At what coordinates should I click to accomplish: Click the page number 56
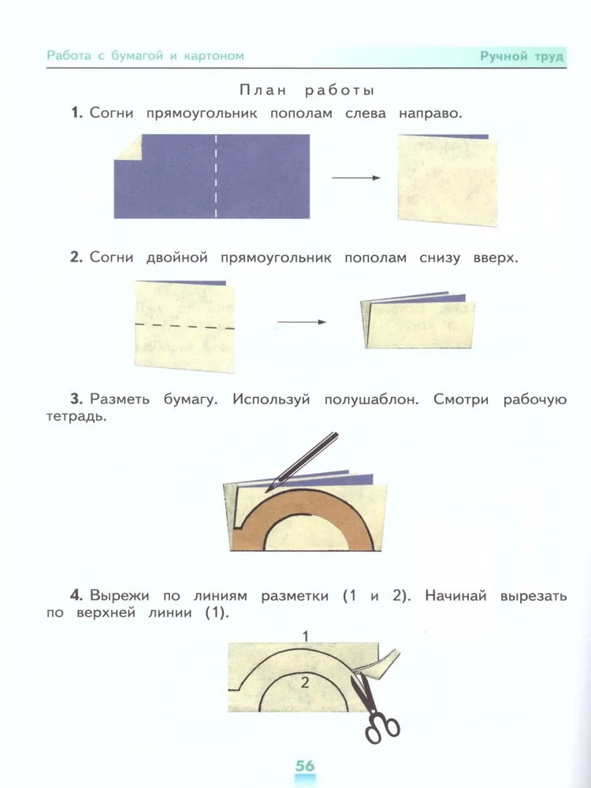[x=304, y=765]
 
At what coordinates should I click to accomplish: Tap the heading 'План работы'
[x=307, y=91]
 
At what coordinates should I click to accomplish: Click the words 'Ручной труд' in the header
[x=522, y=56]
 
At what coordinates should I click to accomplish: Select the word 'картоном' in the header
[x=214, y=56]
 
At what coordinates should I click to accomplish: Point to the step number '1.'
[x=77, y=113]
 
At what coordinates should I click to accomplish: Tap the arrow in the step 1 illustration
[x=356, y=177]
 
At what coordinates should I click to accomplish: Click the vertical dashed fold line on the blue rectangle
[x=216, y=176]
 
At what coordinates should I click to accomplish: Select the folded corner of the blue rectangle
[x=128, y=147]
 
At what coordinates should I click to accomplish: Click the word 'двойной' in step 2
[x=177, y=258]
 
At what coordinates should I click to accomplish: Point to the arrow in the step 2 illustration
[x=302, y=322]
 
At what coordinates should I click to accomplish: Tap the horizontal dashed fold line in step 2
[x=185, y=326]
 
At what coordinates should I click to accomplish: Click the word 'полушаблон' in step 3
[x=371, y=400]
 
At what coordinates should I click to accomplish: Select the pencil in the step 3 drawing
[x=302, y=461]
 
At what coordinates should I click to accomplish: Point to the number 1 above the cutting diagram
[x=306, y=637]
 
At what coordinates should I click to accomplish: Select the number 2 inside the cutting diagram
[x=304, y=682]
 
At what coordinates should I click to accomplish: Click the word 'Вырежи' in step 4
[x=120, y=596]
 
